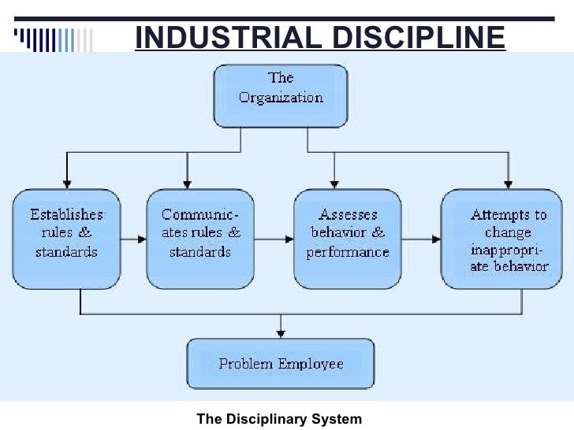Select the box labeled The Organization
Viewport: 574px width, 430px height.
[x=281, y=96]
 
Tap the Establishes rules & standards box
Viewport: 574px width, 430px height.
[x=66, y=239]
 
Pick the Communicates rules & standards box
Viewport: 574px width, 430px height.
[x=200, y=239]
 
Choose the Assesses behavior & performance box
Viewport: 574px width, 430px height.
[x=348, y=239]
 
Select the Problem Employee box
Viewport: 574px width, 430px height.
[x=281, y=364]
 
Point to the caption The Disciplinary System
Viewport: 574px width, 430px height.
[x=279, y=419]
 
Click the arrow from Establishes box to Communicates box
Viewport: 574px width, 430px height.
[x=133, y=236]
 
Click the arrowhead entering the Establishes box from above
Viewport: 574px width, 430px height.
[x=67, y=183]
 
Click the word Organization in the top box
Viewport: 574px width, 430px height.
[x=281, y=98]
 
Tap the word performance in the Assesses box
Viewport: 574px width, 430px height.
[x=348, y=253]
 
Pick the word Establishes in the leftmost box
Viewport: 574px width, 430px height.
[x=66, y=214]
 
